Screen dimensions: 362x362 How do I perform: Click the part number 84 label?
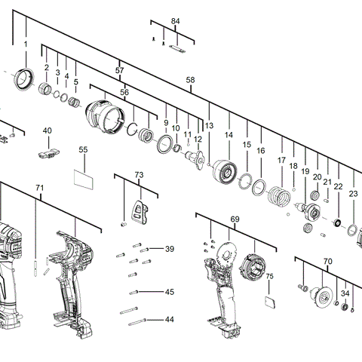[x=176, y=21]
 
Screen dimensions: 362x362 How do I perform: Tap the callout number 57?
[x=119, y=70]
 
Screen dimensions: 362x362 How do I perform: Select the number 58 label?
[x=190, y=80]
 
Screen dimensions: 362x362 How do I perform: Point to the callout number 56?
[x=124, y=92]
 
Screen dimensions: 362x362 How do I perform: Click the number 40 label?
[x=48, y=130]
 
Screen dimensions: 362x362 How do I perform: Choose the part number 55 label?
[x=84, y=150]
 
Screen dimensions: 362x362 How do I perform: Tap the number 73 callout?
[x=139, y=175]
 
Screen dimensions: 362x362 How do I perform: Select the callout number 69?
[x=235, y=219]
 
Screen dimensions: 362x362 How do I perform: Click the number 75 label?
[x=269, y=277]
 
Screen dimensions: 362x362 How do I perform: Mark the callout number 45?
[x=169, y=292]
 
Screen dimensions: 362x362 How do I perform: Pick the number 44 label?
[x=169, y=320]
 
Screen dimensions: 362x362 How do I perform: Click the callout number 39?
[x=169, y=249]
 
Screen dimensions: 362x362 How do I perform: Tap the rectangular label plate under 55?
[x=84, y=179]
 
